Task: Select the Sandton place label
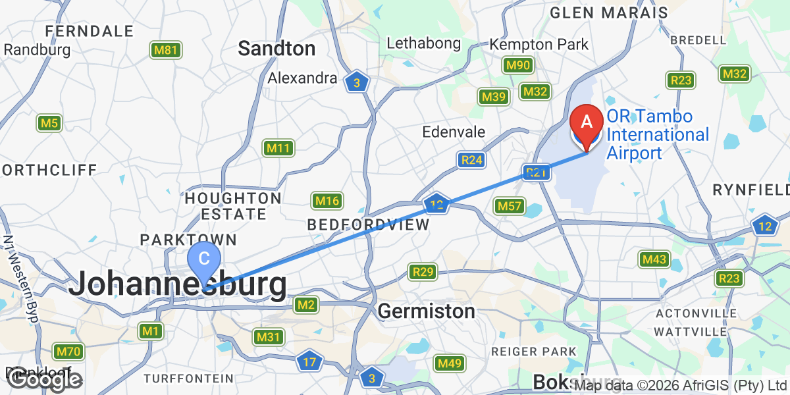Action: (x=276, y=48)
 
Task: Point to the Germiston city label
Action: (x=427, y=311)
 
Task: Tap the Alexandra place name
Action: (x=302, y=78)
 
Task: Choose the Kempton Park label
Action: (x=539, y=45)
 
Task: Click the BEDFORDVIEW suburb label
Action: (x=369, y=224)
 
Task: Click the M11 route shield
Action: (x=278, y=148)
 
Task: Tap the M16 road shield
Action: (x=327, y=201)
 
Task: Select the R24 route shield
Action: (x=472, y=160)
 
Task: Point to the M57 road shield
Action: (x=510, y=207)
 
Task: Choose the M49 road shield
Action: (x=450, y=363)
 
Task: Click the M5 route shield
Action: (x=49, y=122)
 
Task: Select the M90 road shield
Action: (x=518, y=65)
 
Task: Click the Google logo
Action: (x=45, y=379)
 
